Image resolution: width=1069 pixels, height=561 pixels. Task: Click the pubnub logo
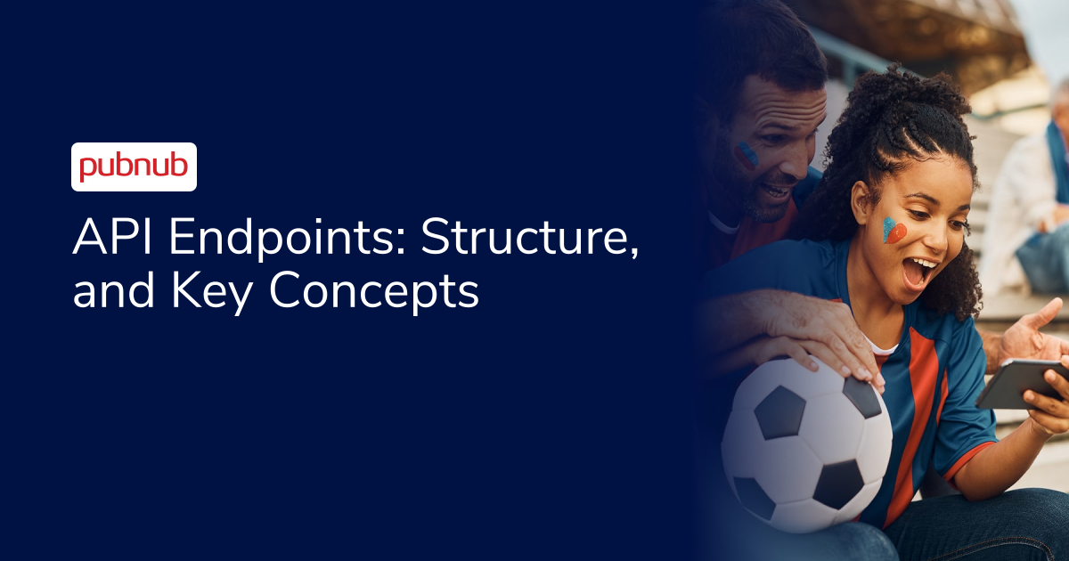pos(134,167)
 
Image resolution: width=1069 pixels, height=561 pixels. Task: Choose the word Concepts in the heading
pos(374,291)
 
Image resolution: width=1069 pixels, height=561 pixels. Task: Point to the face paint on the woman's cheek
pos(894,231)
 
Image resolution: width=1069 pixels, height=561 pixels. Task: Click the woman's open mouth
pos(919,269)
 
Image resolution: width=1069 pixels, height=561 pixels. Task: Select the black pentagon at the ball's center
pos(780,412)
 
